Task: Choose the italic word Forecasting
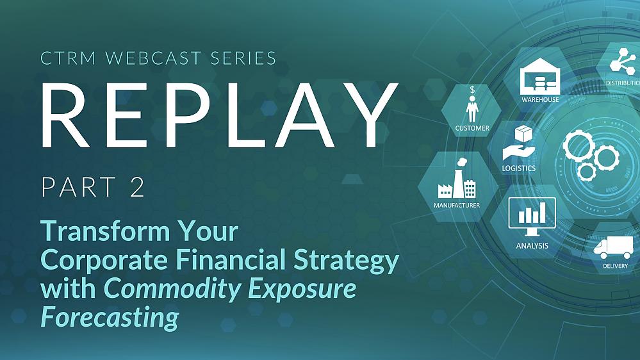click(109, 318)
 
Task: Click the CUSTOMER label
click(472, 128)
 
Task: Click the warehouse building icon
click(539, 79)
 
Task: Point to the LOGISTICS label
click(519, 168)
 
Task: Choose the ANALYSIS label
click(532, 245)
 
